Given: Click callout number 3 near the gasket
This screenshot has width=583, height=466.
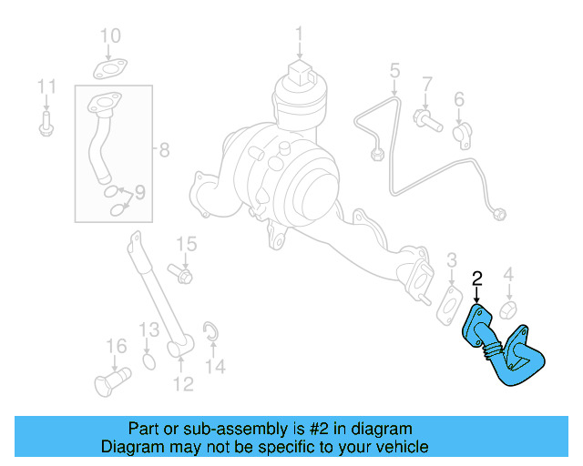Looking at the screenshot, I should point(451,263).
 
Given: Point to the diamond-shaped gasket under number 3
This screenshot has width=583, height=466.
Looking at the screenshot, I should point(449,302).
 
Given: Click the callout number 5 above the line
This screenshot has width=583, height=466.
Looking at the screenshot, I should point(394,70).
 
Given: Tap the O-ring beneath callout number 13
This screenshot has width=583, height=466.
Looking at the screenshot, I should point(149,364).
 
